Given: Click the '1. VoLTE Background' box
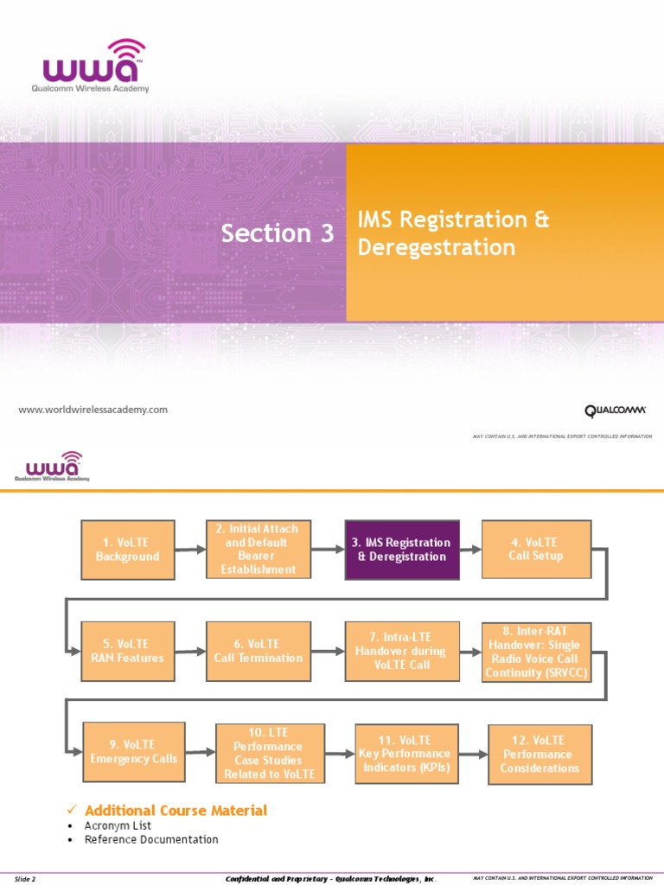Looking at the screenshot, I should coord(128,550).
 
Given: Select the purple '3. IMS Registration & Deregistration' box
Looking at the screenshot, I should coord(401,550).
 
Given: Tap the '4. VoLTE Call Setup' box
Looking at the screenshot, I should coord(536,549).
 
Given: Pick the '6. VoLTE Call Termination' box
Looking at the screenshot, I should coord(259,651).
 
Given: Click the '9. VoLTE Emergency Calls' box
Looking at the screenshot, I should coord(133,752).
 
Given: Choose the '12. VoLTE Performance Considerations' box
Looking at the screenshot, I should coord(539,754).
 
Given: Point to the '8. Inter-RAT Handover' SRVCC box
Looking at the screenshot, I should coord(536,651).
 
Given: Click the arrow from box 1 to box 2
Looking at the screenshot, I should coord(189,550).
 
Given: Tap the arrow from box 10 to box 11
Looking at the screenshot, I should coord(340,753).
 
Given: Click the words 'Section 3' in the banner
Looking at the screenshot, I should coord(277,233).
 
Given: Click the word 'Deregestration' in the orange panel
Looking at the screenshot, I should coord(436,248).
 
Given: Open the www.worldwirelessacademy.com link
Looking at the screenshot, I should coord(93,410).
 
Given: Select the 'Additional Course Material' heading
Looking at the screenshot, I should coord(176,810).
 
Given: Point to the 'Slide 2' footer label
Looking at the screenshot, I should coord(25,879).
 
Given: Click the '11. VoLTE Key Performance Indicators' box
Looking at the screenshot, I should coord(404,753).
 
